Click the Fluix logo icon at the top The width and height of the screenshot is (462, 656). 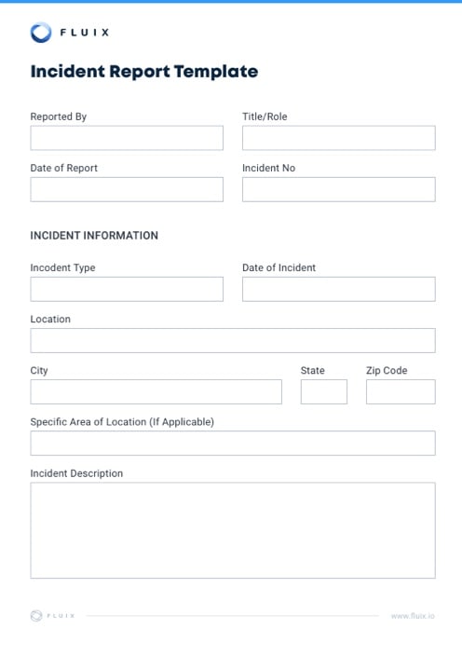tap(41, 33)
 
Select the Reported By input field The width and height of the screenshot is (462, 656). tap(127, 138)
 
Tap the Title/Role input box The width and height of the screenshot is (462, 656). tap(338, 138)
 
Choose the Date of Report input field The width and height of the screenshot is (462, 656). tap(127, 189)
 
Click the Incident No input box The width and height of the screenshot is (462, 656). tap(338, 189)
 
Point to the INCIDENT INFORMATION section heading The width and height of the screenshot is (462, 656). tap(94, 236)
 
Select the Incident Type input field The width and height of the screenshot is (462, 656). tap(127, 289)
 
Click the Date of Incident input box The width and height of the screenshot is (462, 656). tap(338, 289)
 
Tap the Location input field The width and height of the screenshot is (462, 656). tap(232, 340)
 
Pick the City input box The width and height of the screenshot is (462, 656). tap(156, 391)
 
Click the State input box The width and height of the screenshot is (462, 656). tap(323, 391)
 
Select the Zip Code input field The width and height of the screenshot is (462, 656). tap(400, 391)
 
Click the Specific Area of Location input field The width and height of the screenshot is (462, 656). tap(232, 443)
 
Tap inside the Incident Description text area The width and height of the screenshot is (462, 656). tap(232, 529)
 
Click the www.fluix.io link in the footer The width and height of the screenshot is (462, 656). tap(413, 616)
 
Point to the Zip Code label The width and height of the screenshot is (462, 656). tap(387, 371)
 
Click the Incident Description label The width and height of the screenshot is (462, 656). tap(76, 473)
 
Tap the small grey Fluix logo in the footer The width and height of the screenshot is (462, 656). tap(36, 615)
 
